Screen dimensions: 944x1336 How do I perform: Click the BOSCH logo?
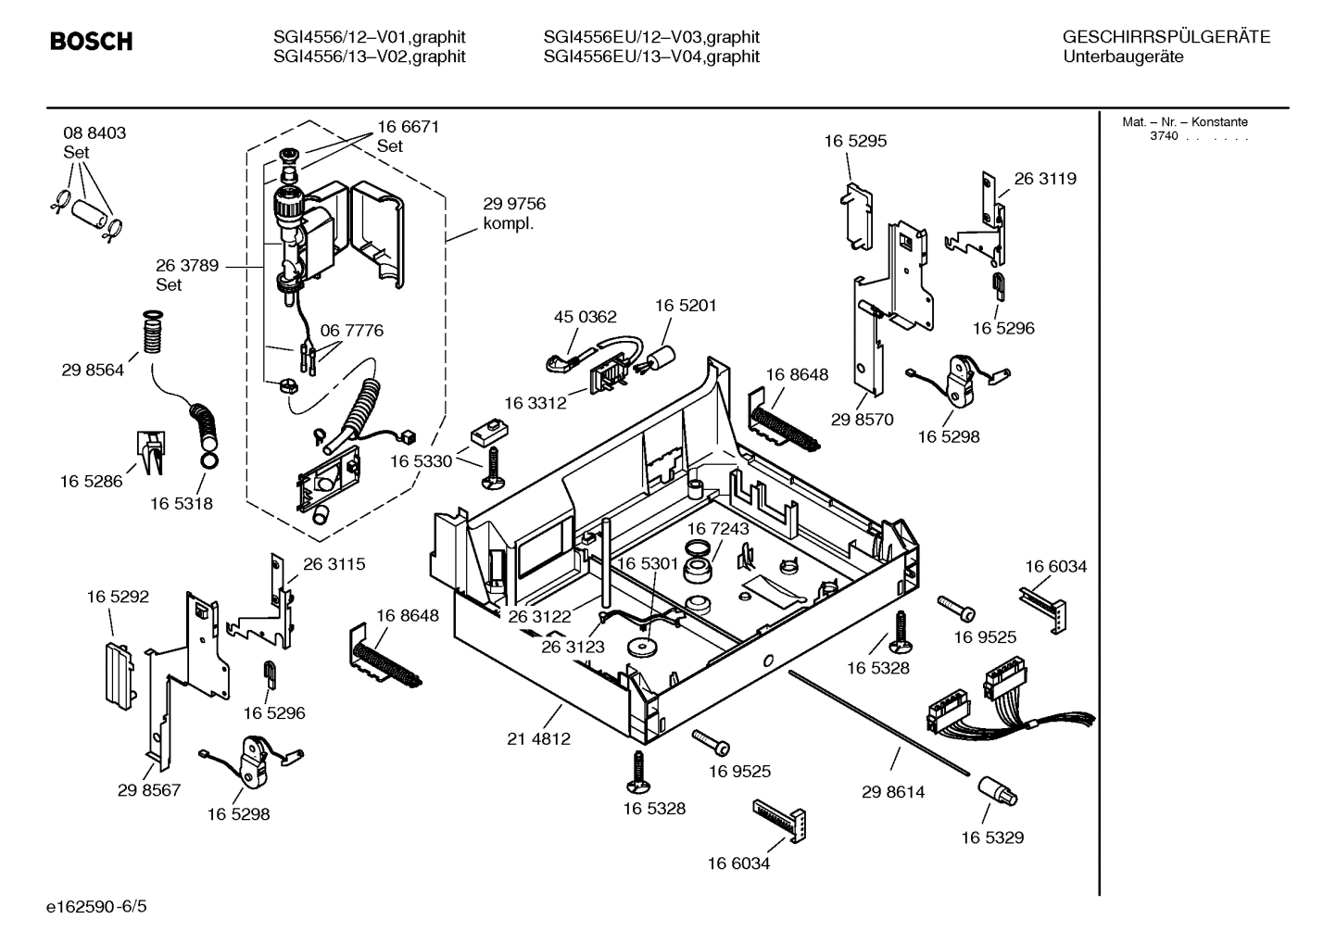(90, 42)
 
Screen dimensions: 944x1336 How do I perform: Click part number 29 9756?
(513, 204)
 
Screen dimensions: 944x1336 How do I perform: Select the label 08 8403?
(95, 132)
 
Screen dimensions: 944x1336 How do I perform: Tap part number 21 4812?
(538, 738)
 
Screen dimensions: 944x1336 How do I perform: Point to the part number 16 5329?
(991, 837)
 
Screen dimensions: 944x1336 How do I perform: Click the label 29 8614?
(892, 792)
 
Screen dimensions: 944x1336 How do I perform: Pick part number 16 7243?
(717, 528)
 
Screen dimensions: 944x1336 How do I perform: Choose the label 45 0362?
(585, 317)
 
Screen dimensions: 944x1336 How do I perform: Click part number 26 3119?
(1045, 179)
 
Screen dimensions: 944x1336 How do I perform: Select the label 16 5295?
(855, 141)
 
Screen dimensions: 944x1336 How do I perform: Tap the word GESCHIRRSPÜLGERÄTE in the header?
(1166, 37)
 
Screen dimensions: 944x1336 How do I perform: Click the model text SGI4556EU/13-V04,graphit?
(651, 57)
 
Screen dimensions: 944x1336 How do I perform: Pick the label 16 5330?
(421, 460)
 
